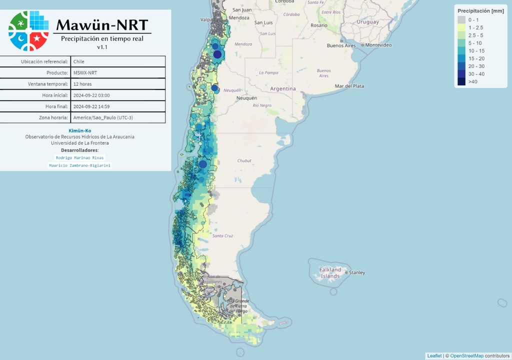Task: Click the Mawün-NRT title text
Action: coord(102,24)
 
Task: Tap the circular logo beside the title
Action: coord(28,30)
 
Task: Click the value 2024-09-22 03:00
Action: coord(91,95)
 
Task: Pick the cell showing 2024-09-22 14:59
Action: coord(91,106)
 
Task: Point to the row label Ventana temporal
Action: coord(49,84)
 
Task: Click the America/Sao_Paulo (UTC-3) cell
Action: coord(103,117)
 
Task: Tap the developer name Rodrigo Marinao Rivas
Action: coord(80,157)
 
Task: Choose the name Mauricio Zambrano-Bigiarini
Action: coord(80,165)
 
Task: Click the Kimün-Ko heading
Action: coord(80,130)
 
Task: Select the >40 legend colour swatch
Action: coord(461,82)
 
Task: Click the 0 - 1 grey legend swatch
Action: coord(461,19)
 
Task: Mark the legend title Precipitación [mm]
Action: coord(480,10)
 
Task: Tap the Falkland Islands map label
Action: coord(330,273)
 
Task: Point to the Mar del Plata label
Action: coord(349,86)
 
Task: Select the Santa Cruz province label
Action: coord(222,235)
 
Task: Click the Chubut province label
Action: coord(244,160)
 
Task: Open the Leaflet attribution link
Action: coord(434,355)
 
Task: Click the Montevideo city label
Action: coord(381,45)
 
